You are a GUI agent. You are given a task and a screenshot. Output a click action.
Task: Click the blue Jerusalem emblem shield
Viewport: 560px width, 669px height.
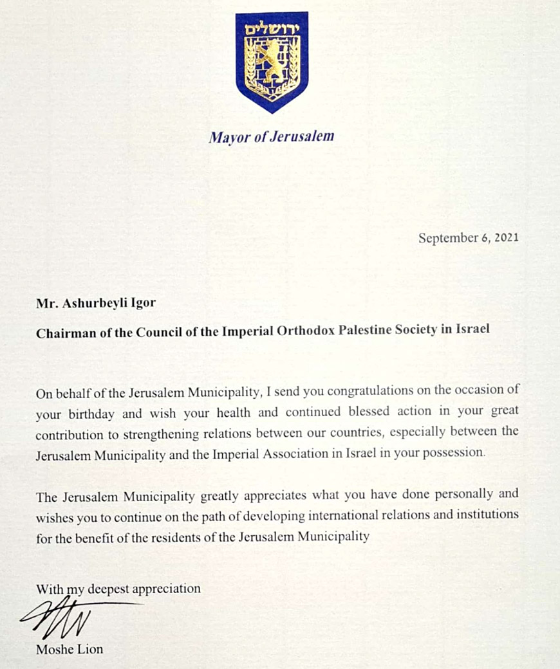pos(272,61)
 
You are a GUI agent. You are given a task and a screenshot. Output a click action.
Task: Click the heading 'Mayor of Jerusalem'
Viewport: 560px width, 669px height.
pos(271,136)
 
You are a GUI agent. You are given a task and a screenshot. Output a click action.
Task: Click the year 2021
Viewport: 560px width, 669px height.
pos(504,238)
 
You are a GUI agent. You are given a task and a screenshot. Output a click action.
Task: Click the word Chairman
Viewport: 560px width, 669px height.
pos(63,329)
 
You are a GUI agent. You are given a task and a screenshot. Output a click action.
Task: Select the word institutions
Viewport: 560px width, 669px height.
pos(488,515)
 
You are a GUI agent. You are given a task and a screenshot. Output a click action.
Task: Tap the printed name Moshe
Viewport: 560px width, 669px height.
pos(54,649)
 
